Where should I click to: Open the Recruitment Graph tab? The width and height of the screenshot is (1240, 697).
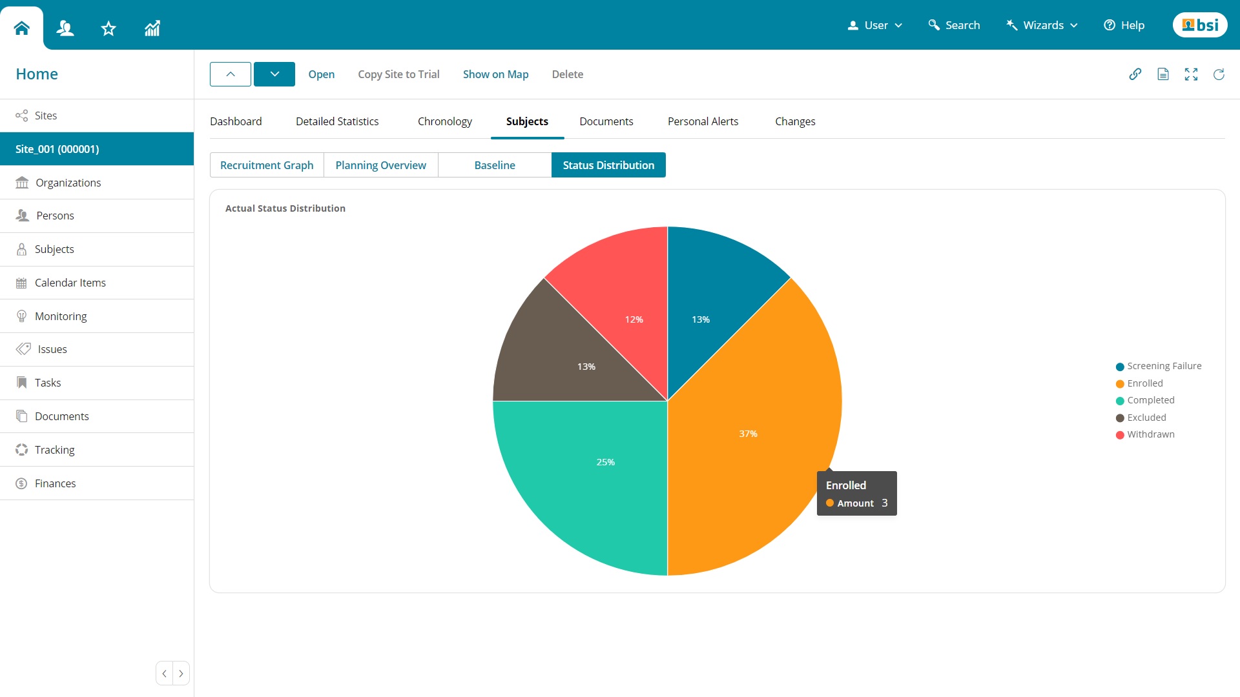click(267, 165)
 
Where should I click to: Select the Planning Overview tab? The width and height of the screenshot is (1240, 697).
click(380, 165)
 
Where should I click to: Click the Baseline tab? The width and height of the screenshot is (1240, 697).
click(495, 165)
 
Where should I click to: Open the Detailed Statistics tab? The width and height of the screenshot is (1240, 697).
click(337, 121)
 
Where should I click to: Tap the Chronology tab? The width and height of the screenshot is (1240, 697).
click(444, 121)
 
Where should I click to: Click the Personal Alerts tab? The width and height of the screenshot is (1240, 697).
click(703, 121)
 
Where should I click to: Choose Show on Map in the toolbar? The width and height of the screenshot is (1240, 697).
click(495, 74)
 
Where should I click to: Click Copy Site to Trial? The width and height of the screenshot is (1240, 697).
click(398, 74)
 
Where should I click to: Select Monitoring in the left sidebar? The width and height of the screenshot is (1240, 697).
click(61, 316)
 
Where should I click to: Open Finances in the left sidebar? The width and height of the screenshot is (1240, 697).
click(55, 483)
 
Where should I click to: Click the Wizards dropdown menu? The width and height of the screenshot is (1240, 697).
click(1042, 25)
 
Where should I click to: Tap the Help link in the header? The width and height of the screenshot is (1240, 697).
click(1124, 25)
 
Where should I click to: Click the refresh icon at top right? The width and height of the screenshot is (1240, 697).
click(1219, 74)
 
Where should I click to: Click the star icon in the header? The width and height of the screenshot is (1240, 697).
click(108, 28)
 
